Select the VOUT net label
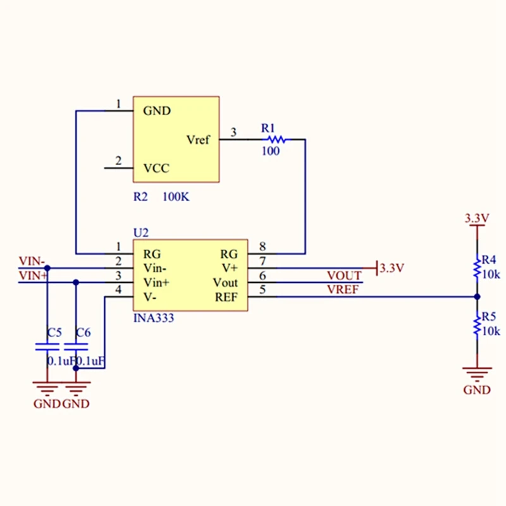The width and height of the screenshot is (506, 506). pyautogui.click(x=344, y=276)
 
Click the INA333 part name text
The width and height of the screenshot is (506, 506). pyautogui.click(x=153, y=318)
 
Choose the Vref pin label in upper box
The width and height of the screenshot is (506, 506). pyautogui.click(x=198, y=140)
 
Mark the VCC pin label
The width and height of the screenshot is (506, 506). pyautogui.click(x=156, y=169)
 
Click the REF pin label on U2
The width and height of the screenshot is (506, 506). pyautogui.click(x=226, y=296)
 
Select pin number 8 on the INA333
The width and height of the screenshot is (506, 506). pyautogui.click(x=262, y=247)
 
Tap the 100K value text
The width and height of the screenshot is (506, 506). pyautogui.click(x=176, y=197)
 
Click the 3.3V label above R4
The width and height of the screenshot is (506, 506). pyautogui.click(x=477, y=218)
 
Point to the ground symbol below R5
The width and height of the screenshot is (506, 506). pyautogui.click(x=476, y=373)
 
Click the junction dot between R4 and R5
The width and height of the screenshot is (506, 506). pyautogui.click(x=476, y=296)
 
